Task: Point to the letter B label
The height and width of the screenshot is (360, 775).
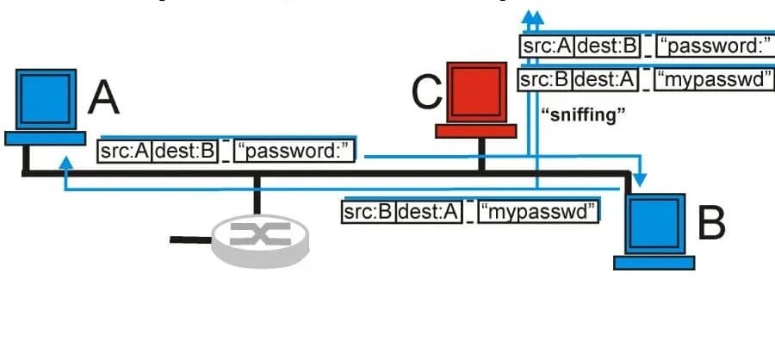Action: pos(711,222)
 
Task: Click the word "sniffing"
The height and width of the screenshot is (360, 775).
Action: pos(581,115)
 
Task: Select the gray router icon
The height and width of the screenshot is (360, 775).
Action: pos(260,236)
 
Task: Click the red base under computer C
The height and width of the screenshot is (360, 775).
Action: pos(475,131)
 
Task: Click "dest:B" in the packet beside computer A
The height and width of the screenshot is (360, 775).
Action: pos(183,152)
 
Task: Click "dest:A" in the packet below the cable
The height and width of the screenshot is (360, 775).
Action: pos(428,211)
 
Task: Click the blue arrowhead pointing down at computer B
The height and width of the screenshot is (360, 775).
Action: pos(640,180)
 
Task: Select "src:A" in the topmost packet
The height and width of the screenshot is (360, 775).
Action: pos(547,46)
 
